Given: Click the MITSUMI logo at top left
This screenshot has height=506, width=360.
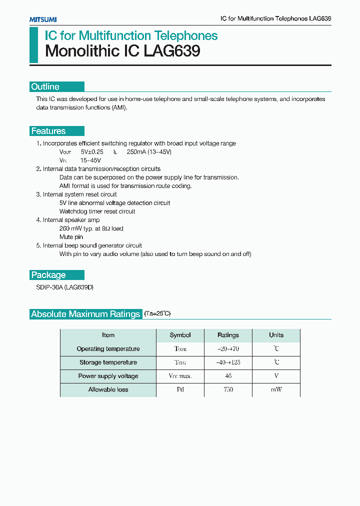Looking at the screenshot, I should pos(42,19).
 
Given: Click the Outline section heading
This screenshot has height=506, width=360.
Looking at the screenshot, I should pos(45,87).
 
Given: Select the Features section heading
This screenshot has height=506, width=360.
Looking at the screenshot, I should pos(48,131).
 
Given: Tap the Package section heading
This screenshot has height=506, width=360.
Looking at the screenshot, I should pos(48,275).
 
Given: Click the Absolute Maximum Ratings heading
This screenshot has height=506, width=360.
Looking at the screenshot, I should pos(85,314).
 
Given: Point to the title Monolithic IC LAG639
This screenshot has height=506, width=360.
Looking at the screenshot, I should pos(122,51).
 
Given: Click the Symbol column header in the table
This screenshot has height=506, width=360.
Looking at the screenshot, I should pos(180,335).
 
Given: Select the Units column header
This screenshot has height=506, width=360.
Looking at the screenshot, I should pos(276,335).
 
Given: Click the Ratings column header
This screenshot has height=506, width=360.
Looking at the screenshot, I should pos(228,335).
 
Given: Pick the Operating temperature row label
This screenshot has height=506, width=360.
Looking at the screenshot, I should pos(108,349).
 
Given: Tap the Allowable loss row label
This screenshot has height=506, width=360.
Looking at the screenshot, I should pos(108,389).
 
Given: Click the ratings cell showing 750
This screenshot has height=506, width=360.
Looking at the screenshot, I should pos(228,389).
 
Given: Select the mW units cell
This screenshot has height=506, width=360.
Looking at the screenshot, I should pos(276,389).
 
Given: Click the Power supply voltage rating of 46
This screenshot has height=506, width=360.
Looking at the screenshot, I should pos(228,376).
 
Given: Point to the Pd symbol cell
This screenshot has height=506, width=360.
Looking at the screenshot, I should pos(180,389).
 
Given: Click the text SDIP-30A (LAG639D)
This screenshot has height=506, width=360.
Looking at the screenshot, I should pos(65,288).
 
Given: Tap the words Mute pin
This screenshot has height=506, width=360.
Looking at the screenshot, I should pos(71,237).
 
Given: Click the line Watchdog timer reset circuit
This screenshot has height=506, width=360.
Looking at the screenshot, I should pos(97,211).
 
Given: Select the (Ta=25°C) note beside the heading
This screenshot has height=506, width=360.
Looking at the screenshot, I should pos(157,314).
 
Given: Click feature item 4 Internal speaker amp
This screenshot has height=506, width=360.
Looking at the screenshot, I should pos(68,220).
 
